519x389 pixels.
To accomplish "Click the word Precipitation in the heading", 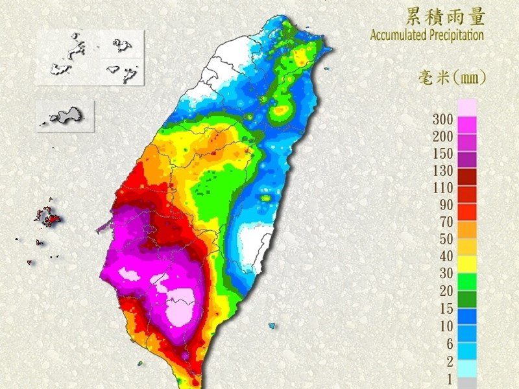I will (x=456, y=34).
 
